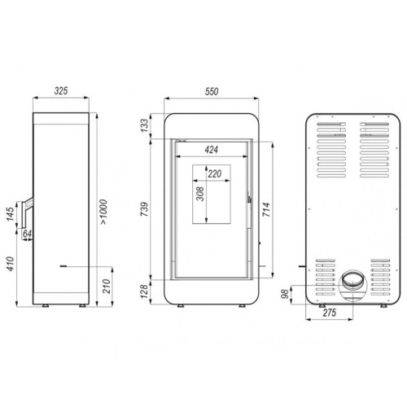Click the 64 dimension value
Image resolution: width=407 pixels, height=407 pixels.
(x=26, y=236)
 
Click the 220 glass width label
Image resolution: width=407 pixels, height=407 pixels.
(x=214, y=173)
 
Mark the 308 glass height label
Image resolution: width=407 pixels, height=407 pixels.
(x=199, y=194)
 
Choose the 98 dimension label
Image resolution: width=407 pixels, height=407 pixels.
(x=297, y=295)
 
